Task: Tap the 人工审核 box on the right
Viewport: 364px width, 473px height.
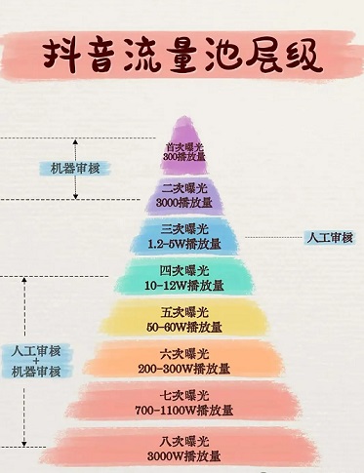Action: point(329,237)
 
